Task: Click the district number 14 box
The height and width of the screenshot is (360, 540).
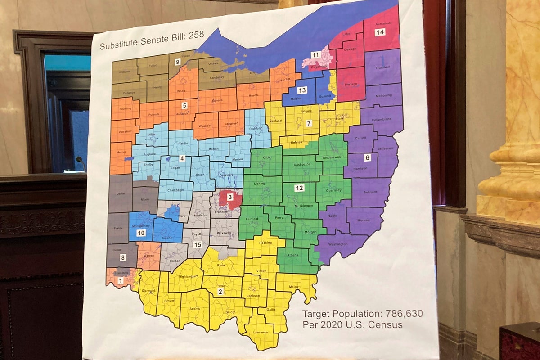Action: click(380, 32)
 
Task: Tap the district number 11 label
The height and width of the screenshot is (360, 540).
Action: click(315, 55)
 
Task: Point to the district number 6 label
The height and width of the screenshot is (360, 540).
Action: click(367, 157)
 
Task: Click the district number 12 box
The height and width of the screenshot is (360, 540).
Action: click(299, 188)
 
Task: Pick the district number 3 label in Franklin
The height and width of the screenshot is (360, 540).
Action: click(229, 197)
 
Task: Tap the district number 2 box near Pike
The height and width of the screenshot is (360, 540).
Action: click(220, 292)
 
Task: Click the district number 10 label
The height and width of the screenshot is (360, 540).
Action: click(141, 233)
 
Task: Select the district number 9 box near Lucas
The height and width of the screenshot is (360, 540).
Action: click(178, 62)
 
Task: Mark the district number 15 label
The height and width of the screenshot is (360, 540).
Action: click(197, 245)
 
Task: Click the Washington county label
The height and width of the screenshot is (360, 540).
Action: click(337, 244)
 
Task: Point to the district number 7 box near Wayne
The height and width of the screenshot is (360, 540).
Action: click(309, 123)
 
